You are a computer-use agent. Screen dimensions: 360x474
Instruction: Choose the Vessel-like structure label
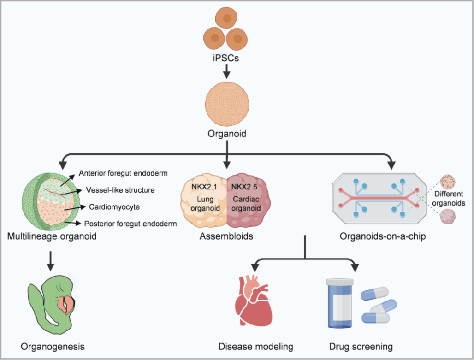120,190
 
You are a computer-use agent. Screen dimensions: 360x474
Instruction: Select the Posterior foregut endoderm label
130,223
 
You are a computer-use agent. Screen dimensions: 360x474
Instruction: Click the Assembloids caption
227,236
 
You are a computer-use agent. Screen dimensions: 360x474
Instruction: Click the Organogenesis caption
53,346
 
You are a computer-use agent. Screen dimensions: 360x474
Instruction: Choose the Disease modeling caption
256,347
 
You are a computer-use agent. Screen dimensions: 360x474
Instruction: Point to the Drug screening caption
361,347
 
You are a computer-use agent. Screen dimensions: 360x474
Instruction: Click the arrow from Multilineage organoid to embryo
51,258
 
